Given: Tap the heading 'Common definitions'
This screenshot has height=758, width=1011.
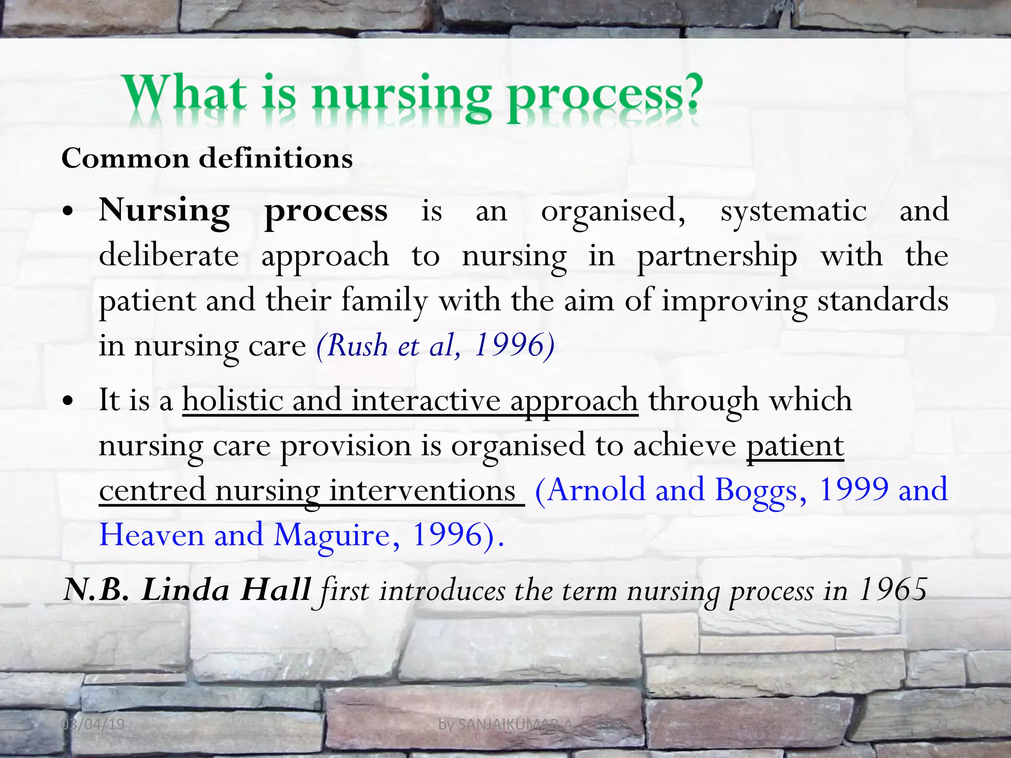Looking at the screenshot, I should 207,159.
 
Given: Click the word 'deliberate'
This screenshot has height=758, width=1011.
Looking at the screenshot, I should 169,256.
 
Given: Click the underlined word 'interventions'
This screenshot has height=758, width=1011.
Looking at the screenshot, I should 422,491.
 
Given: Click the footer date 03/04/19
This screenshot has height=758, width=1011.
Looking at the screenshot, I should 93,724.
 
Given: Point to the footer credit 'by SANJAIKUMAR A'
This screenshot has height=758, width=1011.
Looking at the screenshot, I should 505,724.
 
